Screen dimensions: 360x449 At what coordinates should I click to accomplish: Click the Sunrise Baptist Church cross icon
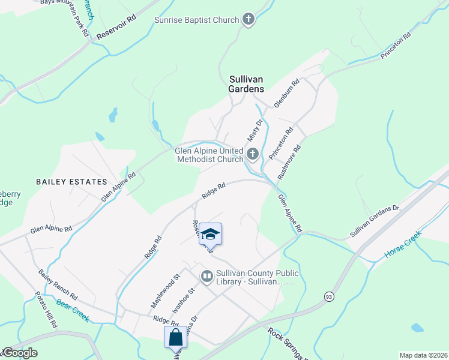tap(249, 20)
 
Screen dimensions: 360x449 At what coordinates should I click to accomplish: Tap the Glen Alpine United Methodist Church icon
tap(253, 155)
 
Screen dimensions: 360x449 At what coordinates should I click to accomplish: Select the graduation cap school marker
tap(210, 233)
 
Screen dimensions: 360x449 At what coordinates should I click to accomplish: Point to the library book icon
tap(207, 276)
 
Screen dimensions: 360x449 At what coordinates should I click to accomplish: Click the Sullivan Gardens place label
tap(246, 83)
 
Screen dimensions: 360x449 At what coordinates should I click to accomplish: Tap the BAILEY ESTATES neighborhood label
tap(71, 181)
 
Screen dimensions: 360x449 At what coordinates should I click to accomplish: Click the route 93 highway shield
tap(329, 296)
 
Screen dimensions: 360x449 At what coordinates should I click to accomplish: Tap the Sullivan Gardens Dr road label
tap(375, 221)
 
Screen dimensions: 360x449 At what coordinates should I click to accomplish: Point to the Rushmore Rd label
tap(289, 163)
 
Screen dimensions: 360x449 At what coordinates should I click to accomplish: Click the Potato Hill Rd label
tap(46, 310)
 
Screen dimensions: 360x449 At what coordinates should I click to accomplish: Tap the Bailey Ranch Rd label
tap(58, 285)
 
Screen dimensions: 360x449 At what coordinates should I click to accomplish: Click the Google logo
tap(19, 353)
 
